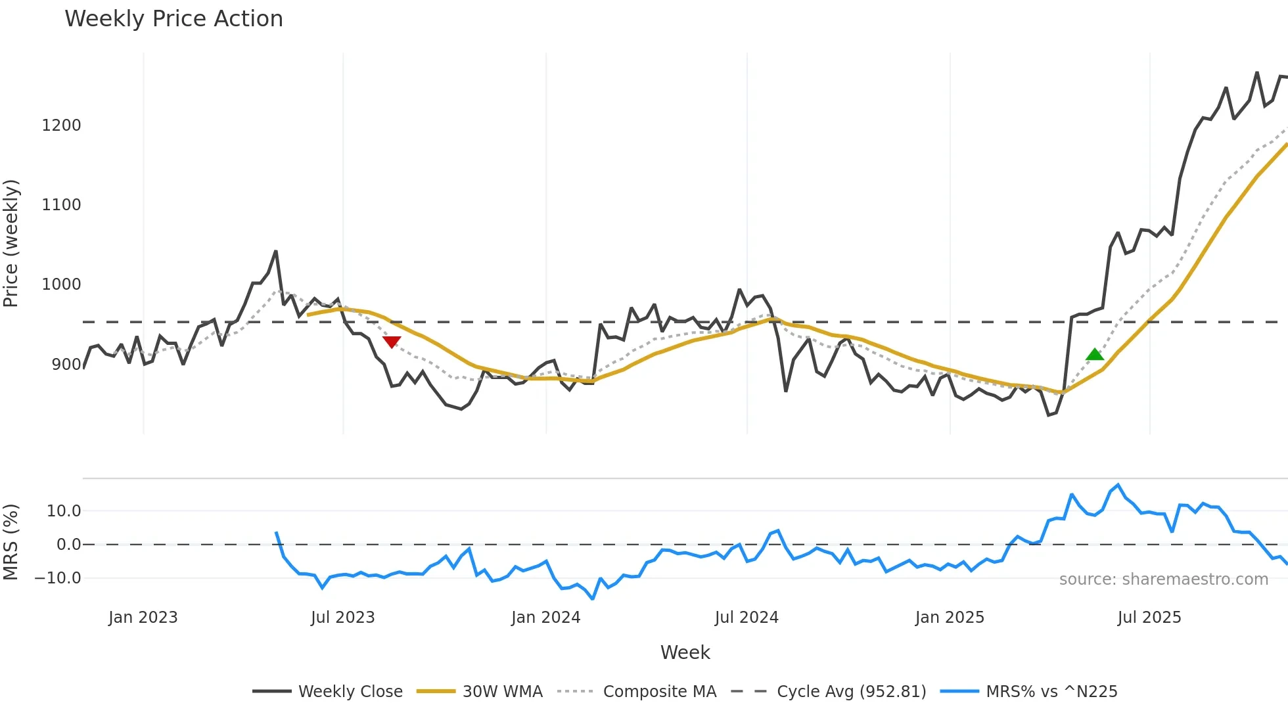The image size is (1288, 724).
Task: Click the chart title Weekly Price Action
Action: tap(173, 19)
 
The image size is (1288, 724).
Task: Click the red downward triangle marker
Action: tap(392, 342)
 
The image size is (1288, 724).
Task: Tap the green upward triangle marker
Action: tap(1095, 355)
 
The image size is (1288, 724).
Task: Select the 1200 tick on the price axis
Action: tap(61, 125)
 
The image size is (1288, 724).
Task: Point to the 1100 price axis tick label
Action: tap(61, 205)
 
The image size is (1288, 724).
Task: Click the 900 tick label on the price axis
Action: tap(66, 365)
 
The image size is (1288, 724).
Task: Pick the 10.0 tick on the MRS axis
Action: tap(64, 511)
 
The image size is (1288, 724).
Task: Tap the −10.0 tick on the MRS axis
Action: tap(58, 578)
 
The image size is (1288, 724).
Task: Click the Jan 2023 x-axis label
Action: tap(143, 618)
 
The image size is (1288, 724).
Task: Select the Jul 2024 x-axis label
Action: tap(747, 618)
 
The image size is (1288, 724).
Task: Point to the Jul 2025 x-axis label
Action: tap(1149, 618)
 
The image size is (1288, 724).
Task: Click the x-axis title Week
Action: tap(685, 652)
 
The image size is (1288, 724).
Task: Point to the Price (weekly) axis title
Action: tap(11, 243)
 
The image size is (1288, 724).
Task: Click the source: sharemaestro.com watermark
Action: tap(1163, 579)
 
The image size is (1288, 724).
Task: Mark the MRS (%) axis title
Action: tap(11, 542)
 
